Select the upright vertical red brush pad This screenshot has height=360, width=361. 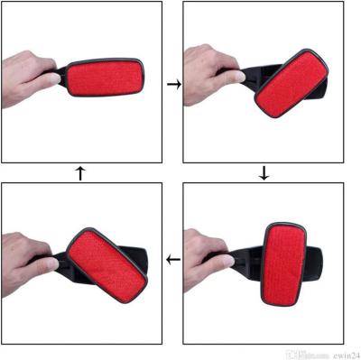pyautogui.click(x=287, y=261)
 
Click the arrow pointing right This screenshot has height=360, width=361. pyautogui.click(x=172, y=84)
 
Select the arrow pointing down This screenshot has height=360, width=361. pyautogui.click(x=264, y=173)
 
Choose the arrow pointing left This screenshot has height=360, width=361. pyautogui.click(x=172, y=262)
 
